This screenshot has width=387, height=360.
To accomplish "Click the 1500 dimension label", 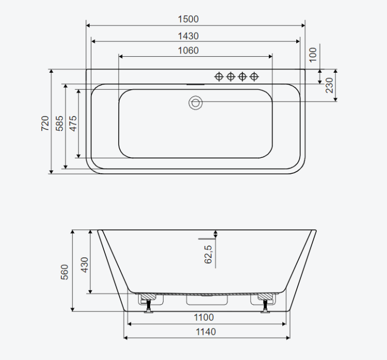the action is click(x=188, y=19).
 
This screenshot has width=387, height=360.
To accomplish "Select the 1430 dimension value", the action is click(x=188, y=36).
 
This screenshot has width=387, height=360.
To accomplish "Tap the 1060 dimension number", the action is click(x=188, y=51).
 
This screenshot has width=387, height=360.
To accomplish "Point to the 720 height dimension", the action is click(x=45, y=123).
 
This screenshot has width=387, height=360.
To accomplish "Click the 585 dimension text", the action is click(x=59, y=123).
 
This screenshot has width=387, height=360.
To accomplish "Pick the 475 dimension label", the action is click(x=73, y=123).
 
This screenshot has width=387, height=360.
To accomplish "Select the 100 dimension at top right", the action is click(x=313, y=55).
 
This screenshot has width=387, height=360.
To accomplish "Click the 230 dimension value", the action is click(x=329, y=85).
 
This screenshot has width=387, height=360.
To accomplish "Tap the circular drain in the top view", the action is click(x=196, y=103).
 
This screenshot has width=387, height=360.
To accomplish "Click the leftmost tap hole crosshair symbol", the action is click(x=219, y=76).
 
